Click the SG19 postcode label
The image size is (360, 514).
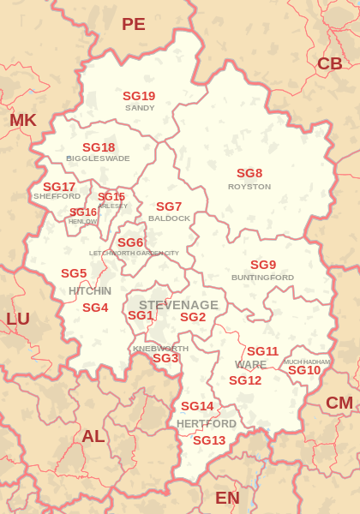coord(139,96)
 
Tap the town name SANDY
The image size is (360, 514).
coord(140,108)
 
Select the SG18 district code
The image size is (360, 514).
coord(99,147)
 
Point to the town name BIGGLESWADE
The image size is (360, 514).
coord(98,158)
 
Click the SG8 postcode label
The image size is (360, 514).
coord(249,173)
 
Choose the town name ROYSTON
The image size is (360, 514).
coord(249,186)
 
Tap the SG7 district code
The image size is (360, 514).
coord(169,206)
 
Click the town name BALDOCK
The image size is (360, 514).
coord(169,218)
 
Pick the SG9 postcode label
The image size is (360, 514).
coord(263,265)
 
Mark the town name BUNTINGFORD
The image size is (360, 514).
coord(262,278)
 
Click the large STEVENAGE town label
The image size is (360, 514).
coord(178,305)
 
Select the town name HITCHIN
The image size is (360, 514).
coord(90,291)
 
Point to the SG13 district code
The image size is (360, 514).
coord(209,440)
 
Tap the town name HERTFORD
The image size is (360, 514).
coord(207,424)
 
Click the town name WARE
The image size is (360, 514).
coord(250,365)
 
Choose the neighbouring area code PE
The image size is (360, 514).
coord(134,24)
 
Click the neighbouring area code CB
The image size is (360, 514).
coord(329,63)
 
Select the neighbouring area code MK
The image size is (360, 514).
coord(23,120)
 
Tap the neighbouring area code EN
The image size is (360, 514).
coord(227,498)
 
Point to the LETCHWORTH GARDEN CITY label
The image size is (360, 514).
coord(135,254)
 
